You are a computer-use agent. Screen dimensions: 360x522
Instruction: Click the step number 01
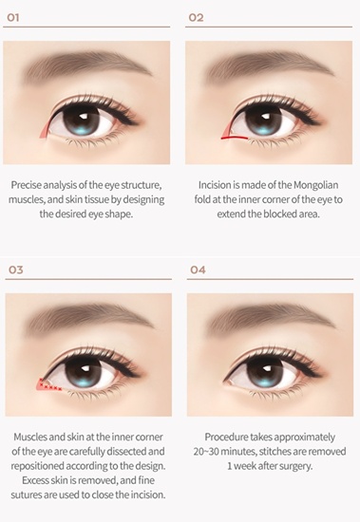(13, 17)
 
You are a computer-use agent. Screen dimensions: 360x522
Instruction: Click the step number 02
(196, 17)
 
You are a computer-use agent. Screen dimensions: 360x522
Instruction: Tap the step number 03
(15, 270)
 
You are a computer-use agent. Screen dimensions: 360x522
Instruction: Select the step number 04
(198, 270)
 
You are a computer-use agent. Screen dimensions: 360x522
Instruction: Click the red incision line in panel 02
(235, 138)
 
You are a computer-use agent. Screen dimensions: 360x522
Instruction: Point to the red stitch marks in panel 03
(50, 385)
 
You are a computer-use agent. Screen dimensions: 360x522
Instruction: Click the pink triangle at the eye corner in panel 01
(45, 130)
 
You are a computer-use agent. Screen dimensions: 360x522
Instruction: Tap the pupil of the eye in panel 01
(80, 120)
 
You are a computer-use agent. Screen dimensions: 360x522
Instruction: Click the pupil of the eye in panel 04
(265, 371)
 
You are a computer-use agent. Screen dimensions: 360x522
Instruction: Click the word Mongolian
(316, 185)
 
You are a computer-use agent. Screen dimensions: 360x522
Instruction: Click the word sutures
(26, 495)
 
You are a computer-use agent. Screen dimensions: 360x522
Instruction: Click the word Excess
(35, 480)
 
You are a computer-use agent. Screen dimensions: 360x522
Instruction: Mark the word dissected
(125, 452)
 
